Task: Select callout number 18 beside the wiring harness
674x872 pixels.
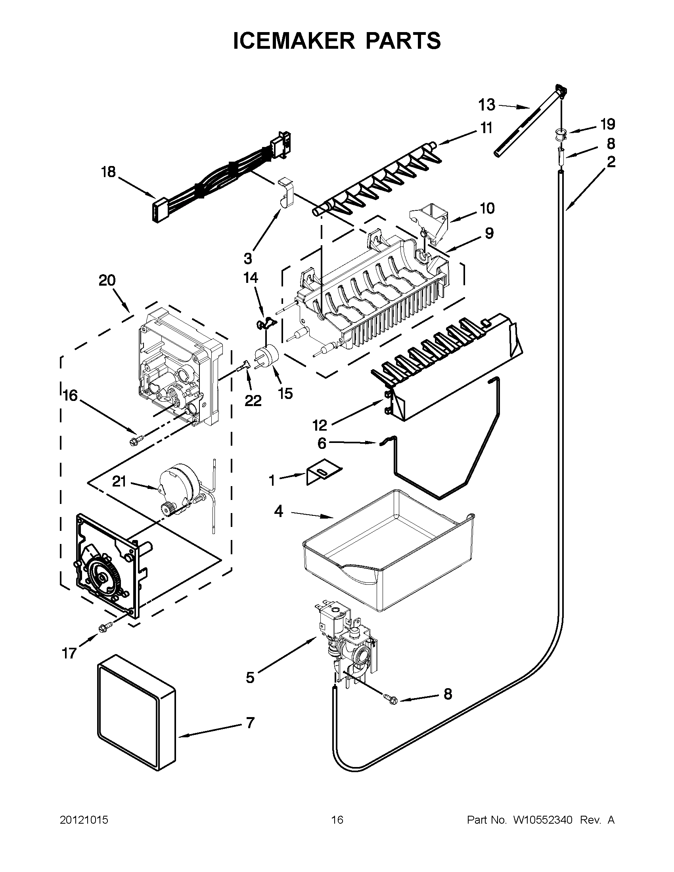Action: [108, 172]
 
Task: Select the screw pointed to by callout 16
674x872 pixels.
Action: [133, 441]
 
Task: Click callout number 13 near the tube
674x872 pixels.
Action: [486, 105]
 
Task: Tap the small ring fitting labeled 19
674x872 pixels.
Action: [559, 135]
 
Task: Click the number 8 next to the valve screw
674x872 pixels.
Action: [448, 694]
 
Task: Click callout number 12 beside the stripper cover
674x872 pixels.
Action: [320, 426]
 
